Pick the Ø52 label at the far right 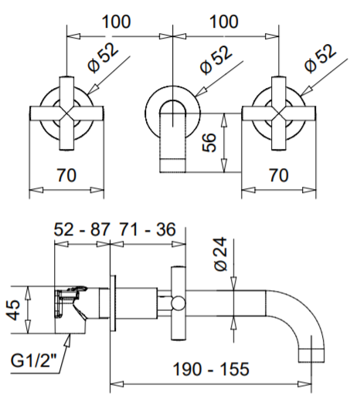tap(320, 59)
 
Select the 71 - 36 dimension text tap(147, 229)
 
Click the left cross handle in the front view tap(70, 113)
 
